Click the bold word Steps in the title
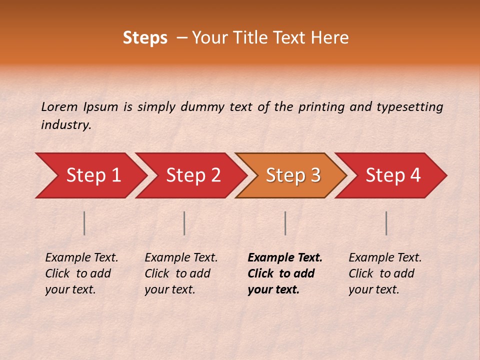145,38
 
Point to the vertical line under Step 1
84,223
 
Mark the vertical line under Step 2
184,223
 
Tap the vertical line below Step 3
285,223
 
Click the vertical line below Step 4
386,223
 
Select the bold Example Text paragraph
284,273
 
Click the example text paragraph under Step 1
81,273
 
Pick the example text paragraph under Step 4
384,273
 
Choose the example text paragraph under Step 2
181,273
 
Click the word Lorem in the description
59,106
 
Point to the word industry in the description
65,125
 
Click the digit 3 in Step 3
315,175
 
